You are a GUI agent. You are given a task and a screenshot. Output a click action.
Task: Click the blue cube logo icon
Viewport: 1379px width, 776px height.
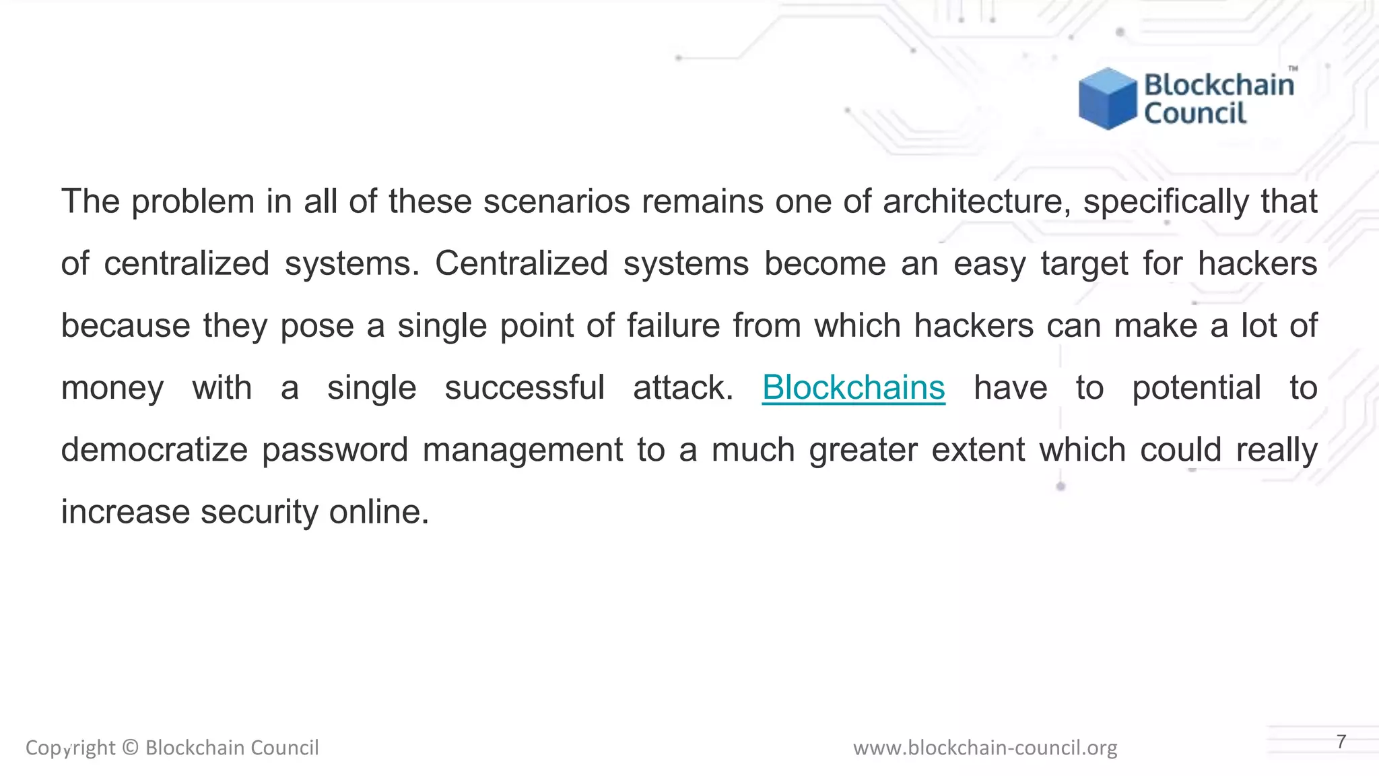coord(1106,99)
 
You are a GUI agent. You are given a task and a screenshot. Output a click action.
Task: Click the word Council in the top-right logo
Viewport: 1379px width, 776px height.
coord(1195,113)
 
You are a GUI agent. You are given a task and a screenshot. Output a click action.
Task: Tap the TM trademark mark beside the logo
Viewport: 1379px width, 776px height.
coord(1293,69)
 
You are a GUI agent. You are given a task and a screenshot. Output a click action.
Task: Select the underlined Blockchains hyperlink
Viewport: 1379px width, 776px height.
coord(853,387)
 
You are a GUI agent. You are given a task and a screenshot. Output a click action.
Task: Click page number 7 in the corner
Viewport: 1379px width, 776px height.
coord(1341,742)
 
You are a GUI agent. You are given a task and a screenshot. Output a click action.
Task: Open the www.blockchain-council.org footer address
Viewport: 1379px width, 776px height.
coord(985,748)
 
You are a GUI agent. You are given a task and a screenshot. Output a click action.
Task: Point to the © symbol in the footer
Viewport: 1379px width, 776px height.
coord(131,748)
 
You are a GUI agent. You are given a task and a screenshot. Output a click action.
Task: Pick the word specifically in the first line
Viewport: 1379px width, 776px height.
coord(1166,201)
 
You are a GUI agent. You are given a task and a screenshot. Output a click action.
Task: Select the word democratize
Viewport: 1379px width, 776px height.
coord(154,449)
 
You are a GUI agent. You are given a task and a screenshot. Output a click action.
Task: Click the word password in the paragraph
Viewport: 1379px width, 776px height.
coord(335,449)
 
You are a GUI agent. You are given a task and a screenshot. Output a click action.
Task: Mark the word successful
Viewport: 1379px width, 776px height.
coord(525,387)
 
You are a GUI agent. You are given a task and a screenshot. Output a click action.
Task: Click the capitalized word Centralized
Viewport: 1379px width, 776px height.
coord(521,263)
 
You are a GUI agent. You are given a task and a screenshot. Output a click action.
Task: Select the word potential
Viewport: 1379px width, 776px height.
coord(1197,387)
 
